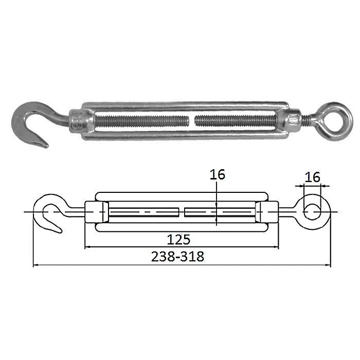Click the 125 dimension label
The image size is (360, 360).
point(178,240)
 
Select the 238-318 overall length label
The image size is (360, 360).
point(177,257)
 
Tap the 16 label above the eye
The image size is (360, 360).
point(312,177)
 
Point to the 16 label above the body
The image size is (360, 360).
point(218,174)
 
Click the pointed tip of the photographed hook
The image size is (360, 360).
point(47,146)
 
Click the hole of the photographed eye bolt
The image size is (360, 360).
point(336,121)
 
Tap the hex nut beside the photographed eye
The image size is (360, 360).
point(294,120)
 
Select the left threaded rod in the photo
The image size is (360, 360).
point(142,121)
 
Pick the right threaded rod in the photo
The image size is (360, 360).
point(236,121)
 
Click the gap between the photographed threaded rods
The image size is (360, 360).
point(192,121)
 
